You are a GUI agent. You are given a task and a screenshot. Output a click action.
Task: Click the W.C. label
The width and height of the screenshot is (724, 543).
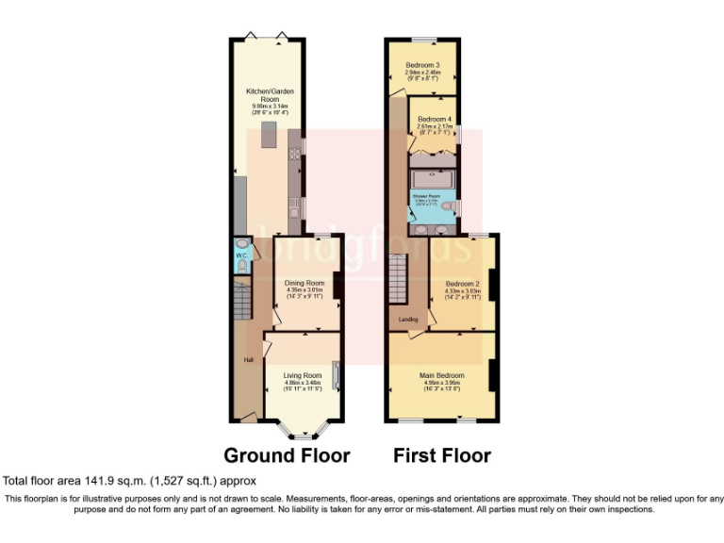[241, 255]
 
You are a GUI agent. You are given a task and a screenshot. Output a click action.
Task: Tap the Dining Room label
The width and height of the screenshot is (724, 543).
[304, 282]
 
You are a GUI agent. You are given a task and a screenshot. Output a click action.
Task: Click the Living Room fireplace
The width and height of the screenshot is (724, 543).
[335, 381]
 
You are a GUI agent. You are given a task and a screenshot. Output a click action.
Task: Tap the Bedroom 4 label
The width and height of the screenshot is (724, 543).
[434, 119]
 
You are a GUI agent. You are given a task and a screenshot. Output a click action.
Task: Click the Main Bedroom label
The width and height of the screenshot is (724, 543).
[442, 375]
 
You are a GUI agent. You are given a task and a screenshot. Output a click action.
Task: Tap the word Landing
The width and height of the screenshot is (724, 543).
[408, 320]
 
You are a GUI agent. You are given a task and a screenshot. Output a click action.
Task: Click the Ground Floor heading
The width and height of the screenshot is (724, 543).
[286, 455]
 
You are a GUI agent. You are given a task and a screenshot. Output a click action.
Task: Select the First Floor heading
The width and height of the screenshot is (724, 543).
[441, 455]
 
